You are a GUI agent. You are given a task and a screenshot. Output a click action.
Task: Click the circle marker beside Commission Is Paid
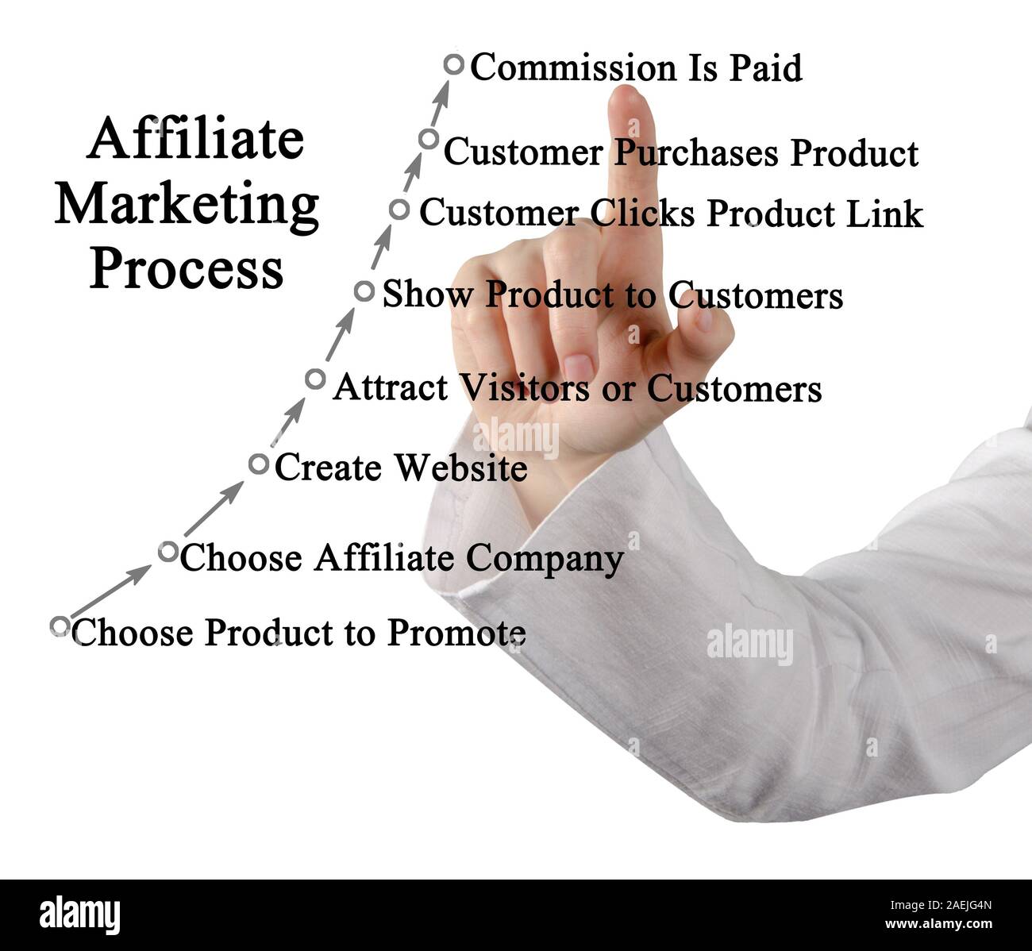(453, 65)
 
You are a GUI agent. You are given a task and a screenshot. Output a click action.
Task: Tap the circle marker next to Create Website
(259, 464)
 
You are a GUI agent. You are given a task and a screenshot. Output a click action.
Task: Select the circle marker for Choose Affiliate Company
(168, 551)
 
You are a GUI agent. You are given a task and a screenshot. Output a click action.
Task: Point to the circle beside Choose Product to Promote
(60, 626)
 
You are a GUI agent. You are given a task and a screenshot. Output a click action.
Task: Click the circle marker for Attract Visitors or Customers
(315, 379)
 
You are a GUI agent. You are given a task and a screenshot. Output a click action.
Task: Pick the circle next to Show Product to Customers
(364, 291)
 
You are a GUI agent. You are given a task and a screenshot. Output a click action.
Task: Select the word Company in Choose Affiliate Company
(545, 559)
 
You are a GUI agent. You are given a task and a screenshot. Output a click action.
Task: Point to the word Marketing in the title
(187, 206)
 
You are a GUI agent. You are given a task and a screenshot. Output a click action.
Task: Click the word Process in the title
(187, 269)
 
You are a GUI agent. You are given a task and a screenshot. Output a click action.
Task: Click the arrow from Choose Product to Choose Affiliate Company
(110, 591)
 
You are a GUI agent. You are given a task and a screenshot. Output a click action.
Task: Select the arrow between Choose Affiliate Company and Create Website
(213, 509)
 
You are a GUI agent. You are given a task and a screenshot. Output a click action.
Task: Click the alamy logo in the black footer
(79, 914)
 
